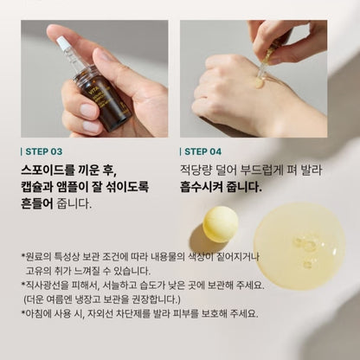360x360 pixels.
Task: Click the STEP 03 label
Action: pyautogui.click(x=44, y=151)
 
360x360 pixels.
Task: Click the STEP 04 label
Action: pyautogui.click(x=203, y=151)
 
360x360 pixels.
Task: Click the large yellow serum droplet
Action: pyautogui.click(x=299, y=247)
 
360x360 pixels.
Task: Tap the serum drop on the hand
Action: pyautogui.click(x=258, y=83)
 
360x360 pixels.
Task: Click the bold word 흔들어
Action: pyautogui.click(x=37, y=203)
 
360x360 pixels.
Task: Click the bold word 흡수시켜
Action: pyautogui.click(x=202, y=187)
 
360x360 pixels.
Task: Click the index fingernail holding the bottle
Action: pyautogui.click(x=87, y=111)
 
